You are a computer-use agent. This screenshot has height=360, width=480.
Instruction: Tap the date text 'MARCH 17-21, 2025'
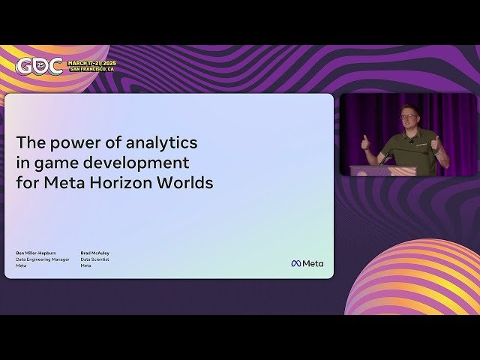tap(91, 63)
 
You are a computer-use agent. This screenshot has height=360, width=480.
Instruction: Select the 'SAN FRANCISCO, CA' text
tap(92, 69)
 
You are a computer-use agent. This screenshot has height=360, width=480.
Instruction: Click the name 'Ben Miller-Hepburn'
tap(36, 253)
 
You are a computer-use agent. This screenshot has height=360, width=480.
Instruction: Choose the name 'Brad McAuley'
tap(95, 253)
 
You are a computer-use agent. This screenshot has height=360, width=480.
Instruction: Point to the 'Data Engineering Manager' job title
tap(43, 259)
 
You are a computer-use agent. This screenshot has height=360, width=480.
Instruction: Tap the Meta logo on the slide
tap(307, 263)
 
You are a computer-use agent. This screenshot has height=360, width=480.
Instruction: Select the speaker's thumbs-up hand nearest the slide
tap(365, 142)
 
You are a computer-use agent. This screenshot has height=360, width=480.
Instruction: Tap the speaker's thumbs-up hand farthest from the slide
tap(435, 142)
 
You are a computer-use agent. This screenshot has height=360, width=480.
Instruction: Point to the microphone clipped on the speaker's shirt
tap(411, 141)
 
